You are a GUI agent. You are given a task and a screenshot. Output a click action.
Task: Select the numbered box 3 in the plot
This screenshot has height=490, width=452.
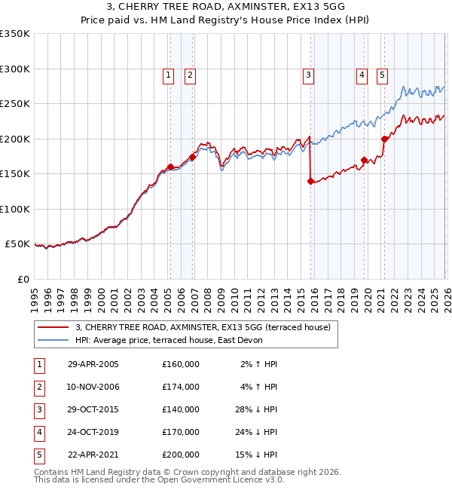[x=309, y=75]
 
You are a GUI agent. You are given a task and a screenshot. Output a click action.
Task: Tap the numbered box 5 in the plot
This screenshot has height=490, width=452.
[x=383, y=75]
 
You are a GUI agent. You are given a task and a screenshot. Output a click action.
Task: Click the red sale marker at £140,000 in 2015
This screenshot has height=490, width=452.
[x=310, y=181]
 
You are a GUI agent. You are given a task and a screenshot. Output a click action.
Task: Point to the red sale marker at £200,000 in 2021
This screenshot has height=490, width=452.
[x=385, y=139]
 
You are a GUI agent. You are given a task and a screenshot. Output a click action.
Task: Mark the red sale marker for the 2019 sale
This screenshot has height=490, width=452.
[x=364, y=160]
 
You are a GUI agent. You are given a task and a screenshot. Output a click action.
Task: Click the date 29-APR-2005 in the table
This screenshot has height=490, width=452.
[x=93, y=364]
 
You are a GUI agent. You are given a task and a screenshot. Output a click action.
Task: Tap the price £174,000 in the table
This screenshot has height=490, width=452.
[x=181, y=387]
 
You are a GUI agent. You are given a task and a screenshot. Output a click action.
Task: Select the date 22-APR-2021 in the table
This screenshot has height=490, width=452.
[x=93, y=455]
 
